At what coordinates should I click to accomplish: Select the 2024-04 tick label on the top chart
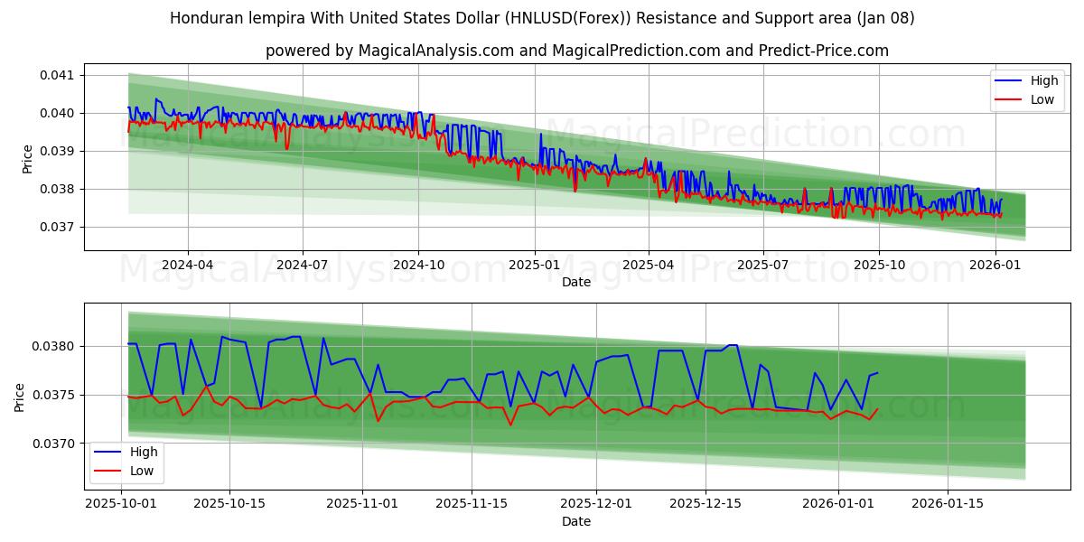[188, 265]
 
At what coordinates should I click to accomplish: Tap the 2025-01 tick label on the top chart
[534, 265]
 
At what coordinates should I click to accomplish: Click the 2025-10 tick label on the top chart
[879, 265]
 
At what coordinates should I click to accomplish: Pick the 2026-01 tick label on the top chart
[995, 265]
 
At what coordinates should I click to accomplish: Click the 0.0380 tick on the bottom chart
[56, 346]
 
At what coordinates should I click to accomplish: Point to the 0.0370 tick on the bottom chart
[56, 444]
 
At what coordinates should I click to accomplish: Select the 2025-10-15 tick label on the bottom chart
[229, 504]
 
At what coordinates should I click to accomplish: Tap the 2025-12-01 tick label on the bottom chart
[595, 504]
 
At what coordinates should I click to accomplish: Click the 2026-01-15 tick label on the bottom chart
[948, 504]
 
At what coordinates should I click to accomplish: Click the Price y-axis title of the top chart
[28, 159]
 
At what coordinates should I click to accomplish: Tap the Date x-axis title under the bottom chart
[576, 521]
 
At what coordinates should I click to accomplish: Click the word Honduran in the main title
[204, 18]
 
